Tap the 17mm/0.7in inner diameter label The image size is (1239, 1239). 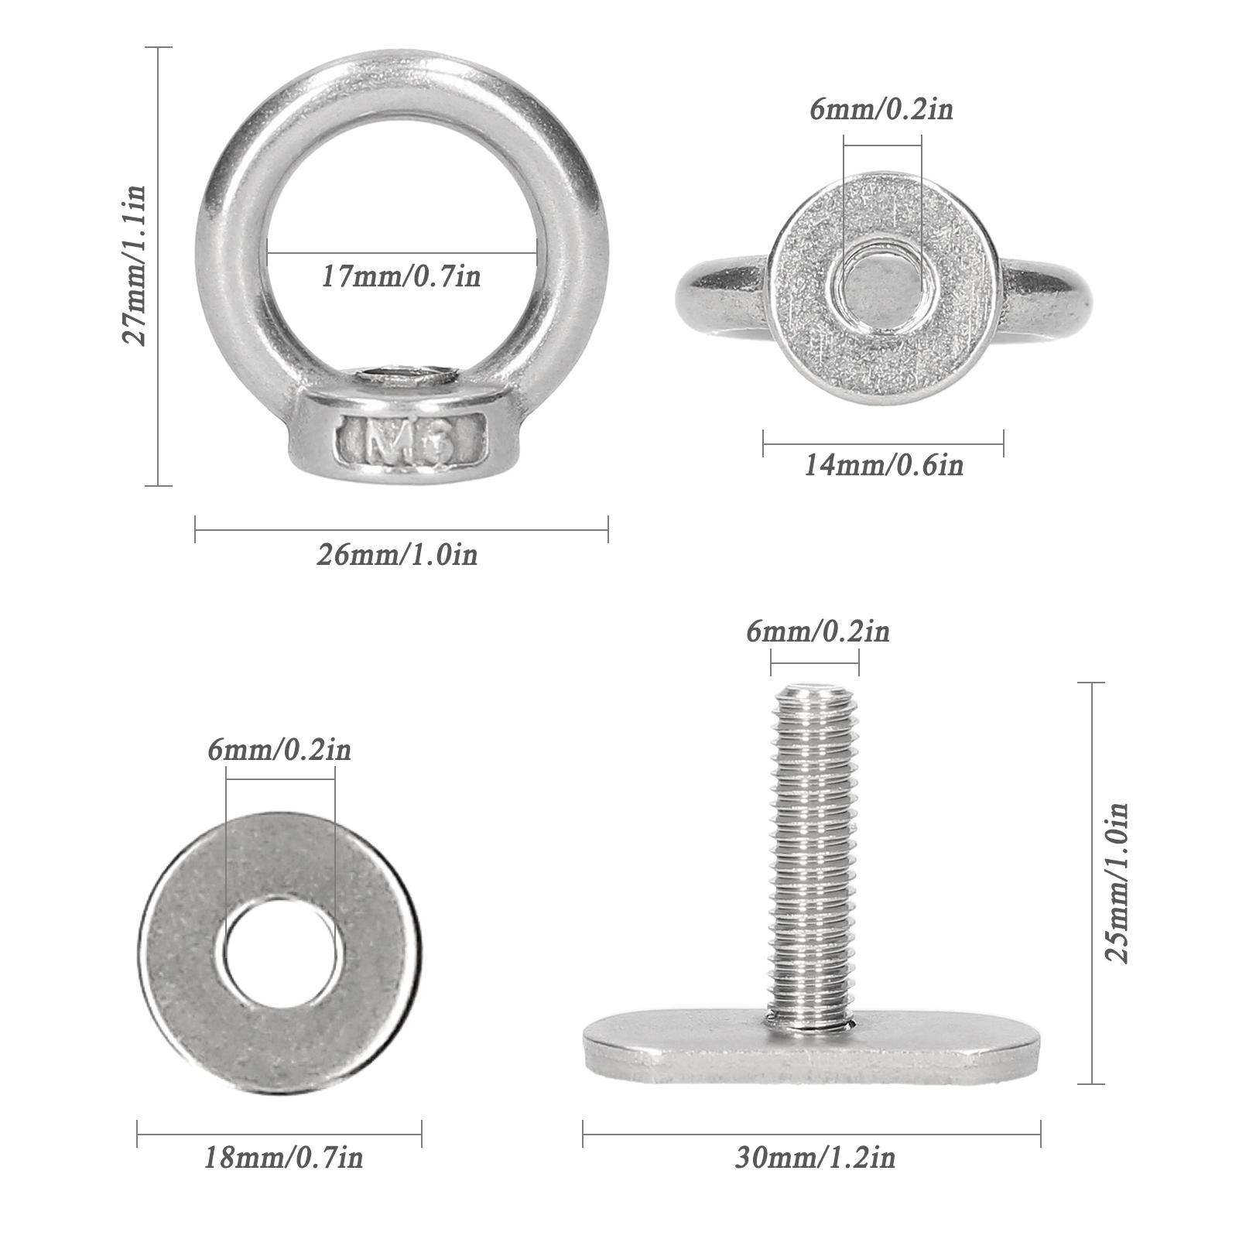[x=401, y=276]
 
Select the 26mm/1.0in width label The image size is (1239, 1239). [x=397, y=555]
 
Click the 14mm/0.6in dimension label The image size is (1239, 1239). [x=884, y=465]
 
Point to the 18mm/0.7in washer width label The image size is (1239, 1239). [x=283, y=1159]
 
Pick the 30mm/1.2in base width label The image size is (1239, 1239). [x=815, y=1158]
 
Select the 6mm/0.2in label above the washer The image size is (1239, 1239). [x=279, y=750]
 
